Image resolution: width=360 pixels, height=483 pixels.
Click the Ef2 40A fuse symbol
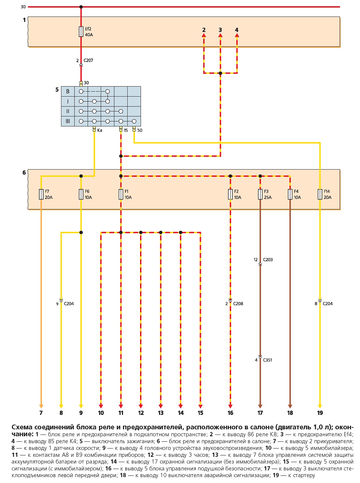(x=81, y=32)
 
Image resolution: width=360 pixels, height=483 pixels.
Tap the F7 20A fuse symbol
(x=41, y=194)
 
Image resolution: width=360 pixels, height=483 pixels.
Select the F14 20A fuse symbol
(x=320, y=194)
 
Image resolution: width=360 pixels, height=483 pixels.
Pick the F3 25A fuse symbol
(x=260, y=194)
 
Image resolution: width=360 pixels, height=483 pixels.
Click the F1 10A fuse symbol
(x=121, y=194)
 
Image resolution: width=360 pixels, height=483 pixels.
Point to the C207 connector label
(x=88, y=60)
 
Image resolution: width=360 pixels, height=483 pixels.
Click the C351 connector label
(x=267, y=360)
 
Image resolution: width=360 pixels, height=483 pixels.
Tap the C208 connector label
(x=238, y=304)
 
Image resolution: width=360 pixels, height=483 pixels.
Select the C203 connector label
(x=268, y=260)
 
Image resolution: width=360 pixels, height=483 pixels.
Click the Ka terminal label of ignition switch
(x=99, y=130)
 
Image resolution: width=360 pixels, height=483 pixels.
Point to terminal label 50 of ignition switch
(x=140, y=130)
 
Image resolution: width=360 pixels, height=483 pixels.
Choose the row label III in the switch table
(x=68, y=121)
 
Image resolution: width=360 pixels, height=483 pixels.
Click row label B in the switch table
(x=68, y=91)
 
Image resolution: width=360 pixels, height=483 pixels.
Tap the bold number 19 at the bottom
(x=320, y=413)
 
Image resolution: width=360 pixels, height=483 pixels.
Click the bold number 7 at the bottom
(x=41, y=413)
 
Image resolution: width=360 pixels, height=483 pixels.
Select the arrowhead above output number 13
(x=161, y=406)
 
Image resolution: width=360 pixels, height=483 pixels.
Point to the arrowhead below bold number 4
(x=237, y=35)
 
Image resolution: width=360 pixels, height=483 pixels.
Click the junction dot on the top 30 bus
(x=81, y=7)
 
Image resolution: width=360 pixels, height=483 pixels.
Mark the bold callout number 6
(x=24, y=173)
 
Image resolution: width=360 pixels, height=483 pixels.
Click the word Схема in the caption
(x=22, y=427)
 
